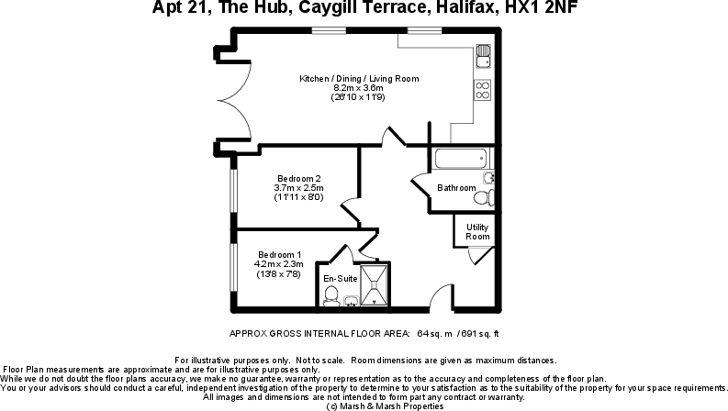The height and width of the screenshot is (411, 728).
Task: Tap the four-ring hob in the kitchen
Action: click(483, 89)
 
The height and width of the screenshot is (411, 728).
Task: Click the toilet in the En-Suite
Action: click(330, 294)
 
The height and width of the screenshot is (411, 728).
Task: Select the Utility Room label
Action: click(477, 231)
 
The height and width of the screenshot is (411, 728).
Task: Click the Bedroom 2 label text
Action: click(299, 178)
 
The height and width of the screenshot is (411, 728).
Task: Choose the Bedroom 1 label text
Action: click(279, 254)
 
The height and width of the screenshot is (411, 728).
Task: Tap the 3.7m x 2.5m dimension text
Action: click(299, 188)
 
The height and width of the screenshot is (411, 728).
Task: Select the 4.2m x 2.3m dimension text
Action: click(279, 264)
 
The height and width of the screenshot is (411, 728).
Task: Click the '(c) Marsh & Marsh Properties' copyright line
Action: click(364, 405)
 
